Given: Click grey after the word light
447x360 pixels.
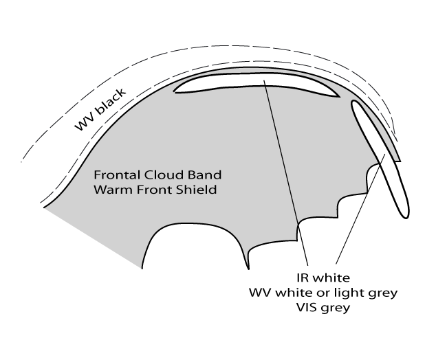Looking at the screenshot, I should click(381, 293).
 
